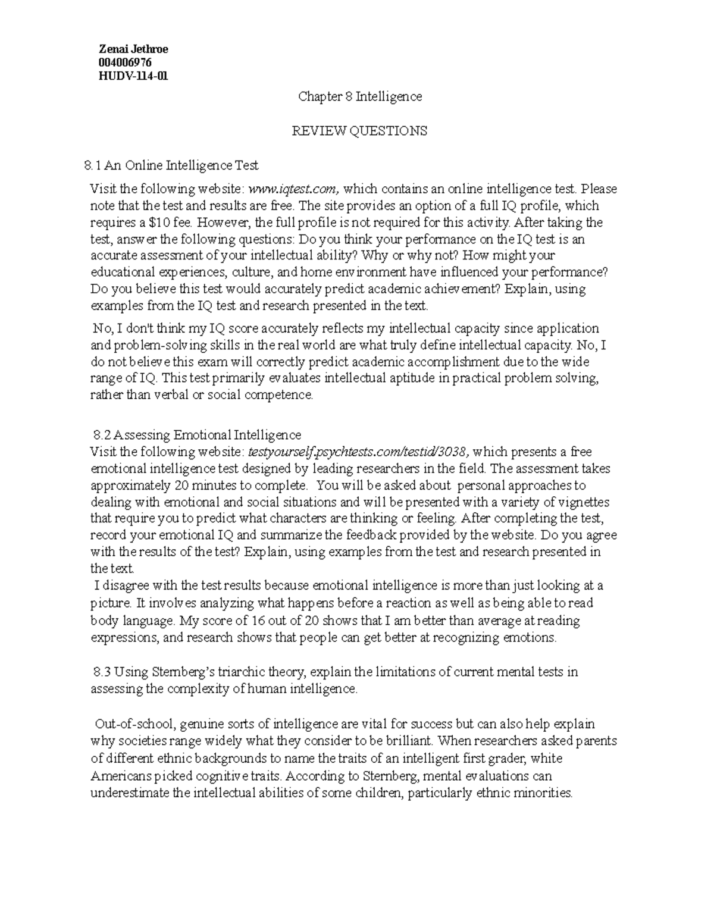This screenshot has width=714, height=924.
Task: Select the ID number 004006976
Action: pyautogui.click(x=126, y=62)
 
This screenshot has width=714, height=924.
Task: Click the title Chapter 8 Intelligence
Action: pyautogui.click(x=360, y=96)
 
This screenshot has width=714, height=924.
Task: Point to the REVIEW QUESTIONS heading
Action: pyautogui.click(x=359, y=131)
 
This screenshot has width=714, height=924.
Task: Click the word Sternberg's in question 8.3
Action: pyautogui.click(x=190, y=672)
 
